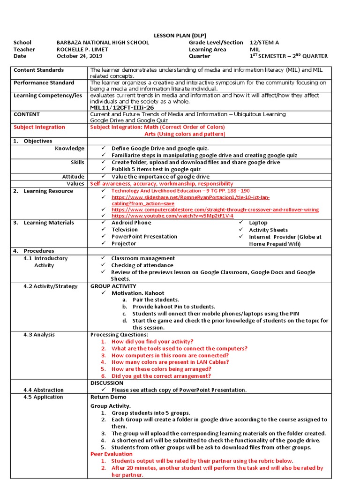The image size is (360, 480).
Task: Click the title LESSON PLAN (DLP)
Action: click(180, 36)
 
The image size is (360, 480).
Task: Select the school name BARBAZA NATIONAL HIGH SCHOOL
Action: click(103, 43)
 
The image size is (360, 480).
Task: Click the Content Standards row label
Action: click(38, 70)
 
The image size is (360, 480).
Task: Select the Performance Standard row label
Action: click(44, 83)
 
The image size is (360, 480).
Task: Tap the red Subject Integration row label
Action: click(39, 127)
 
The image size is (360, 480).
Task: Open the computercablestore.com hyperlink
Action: click(215, 210)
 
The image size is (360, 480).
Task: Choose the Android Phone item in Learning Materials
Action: click(131, 223)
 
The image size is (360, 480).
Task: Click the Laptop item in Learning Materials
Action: click(258, 223)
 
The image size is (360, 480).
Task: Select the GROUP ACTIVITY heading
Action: click(113, 286)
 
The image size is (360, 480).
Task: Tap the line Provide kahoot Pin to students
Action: click(174, 307)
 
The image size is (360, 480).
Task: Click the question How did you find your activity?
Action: click(152, 342)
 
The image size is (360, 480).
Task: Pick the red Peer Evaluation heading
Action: click(112, 454)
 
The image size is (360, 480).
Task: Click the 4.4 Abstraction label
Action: click(44, 390)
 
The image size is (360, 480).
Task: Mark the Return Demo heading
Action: click(108, 397)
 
